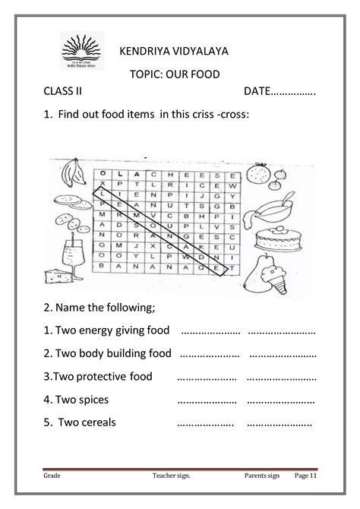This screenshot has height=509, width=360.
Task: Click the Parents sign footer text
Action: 264,476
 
